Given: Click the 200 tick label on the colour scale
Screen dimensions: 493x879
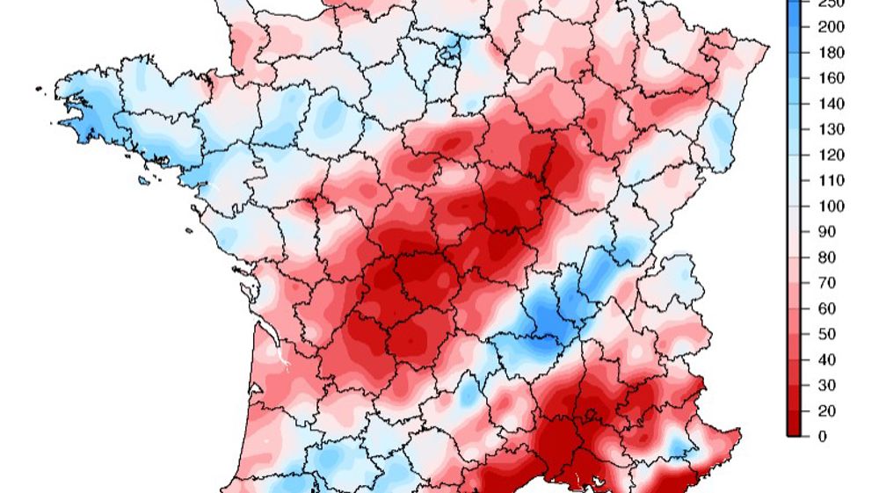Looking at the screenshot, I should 832,27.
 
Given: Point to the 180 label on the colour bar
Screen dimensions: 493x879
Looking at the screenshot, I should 832,53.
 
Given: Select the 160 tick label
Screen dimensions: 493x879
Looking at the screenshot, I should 832,78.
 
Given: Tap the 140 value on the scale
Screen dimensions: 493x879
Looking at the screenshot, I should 832,104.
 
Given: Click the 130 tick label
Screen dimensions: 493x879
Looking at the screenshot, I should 832,129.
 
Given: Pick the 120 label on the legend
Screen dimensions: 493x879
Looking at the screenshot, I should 832,156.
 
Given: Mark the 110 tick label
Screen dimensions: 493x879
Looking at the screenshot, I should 832,181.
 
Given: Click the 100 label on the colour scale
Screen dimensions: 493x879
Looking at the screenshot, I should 832,207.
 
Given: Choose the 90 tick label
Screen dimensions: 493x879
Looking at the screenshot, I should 827,232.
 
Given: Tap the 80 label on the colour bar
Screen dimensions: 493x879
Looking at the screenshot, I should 827,257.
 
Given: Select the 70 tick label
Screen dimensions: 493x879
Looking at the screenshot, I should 827,283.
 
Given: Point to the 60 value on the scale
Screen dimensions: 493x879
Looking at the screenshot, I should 827,308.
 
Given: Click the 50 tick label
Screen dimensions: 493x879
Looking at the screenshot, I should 827,334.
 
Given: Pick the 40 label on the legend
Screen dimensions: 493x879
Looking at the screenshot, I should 827,359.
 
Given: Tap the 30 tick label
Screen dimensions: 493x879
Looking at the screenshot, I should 827,385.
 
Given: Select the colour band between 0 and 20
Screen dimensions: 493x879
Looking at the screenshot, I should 794,423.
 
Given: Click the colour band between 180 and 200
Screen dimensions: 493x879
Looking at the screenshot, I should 794,40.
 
